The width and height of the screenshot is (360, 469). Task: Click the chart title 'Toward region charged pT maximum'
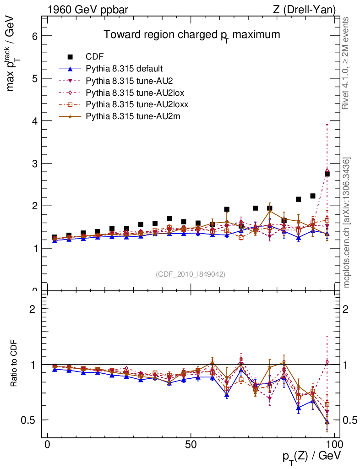[x=191, y=35]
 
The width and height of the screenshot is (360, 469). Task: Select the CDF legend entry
[x=95, y=57]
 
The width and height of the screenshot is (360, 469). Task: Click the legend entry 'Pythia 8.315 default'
[x=124, y=69]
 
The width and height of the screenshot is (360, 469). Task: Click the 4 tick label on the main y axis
[x=34, y=121]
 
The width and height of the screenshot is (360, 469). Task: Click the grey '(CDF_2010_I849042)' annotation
[x=191, y=274]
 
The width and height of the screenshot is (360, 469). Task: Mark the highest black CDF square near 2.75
[x=327, y=174]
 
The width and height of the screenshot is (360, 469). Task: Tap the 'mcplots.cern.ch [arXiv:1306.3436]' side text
[x=347, y=223]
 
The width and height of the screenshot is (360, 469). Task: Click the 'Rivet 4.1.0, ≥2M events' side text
[x=347, y=63]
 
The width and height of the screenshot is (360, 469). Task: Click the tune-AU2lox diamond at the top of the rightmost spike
[x=327, y=170]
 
